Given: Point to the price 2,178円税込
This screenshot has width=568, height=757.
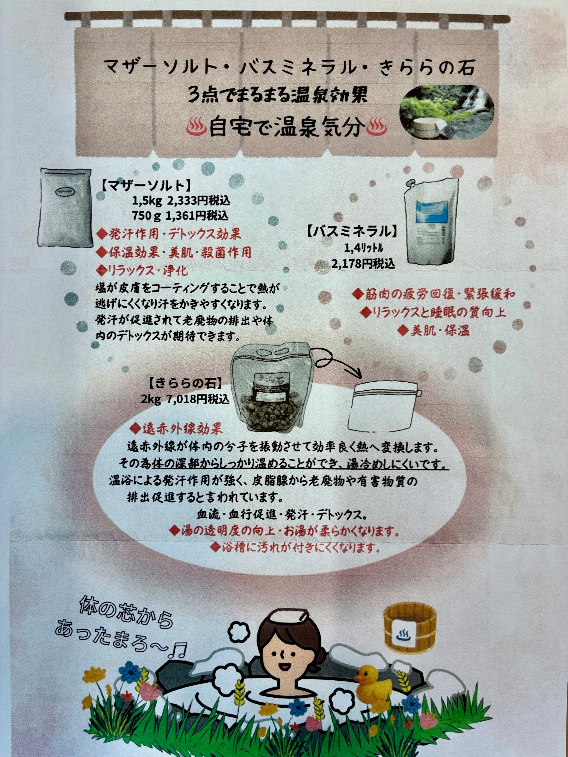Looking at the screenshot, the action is (x=363, y=264).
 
